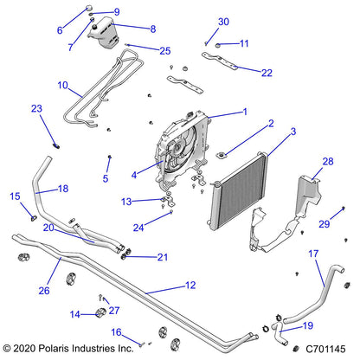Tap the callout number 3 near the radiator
(x=269, y=132)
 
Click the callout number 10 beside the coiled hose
(x=61, y=86)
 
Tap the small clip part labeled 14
(x=101, y=312)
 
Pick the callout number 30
(x=223, y=22)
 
